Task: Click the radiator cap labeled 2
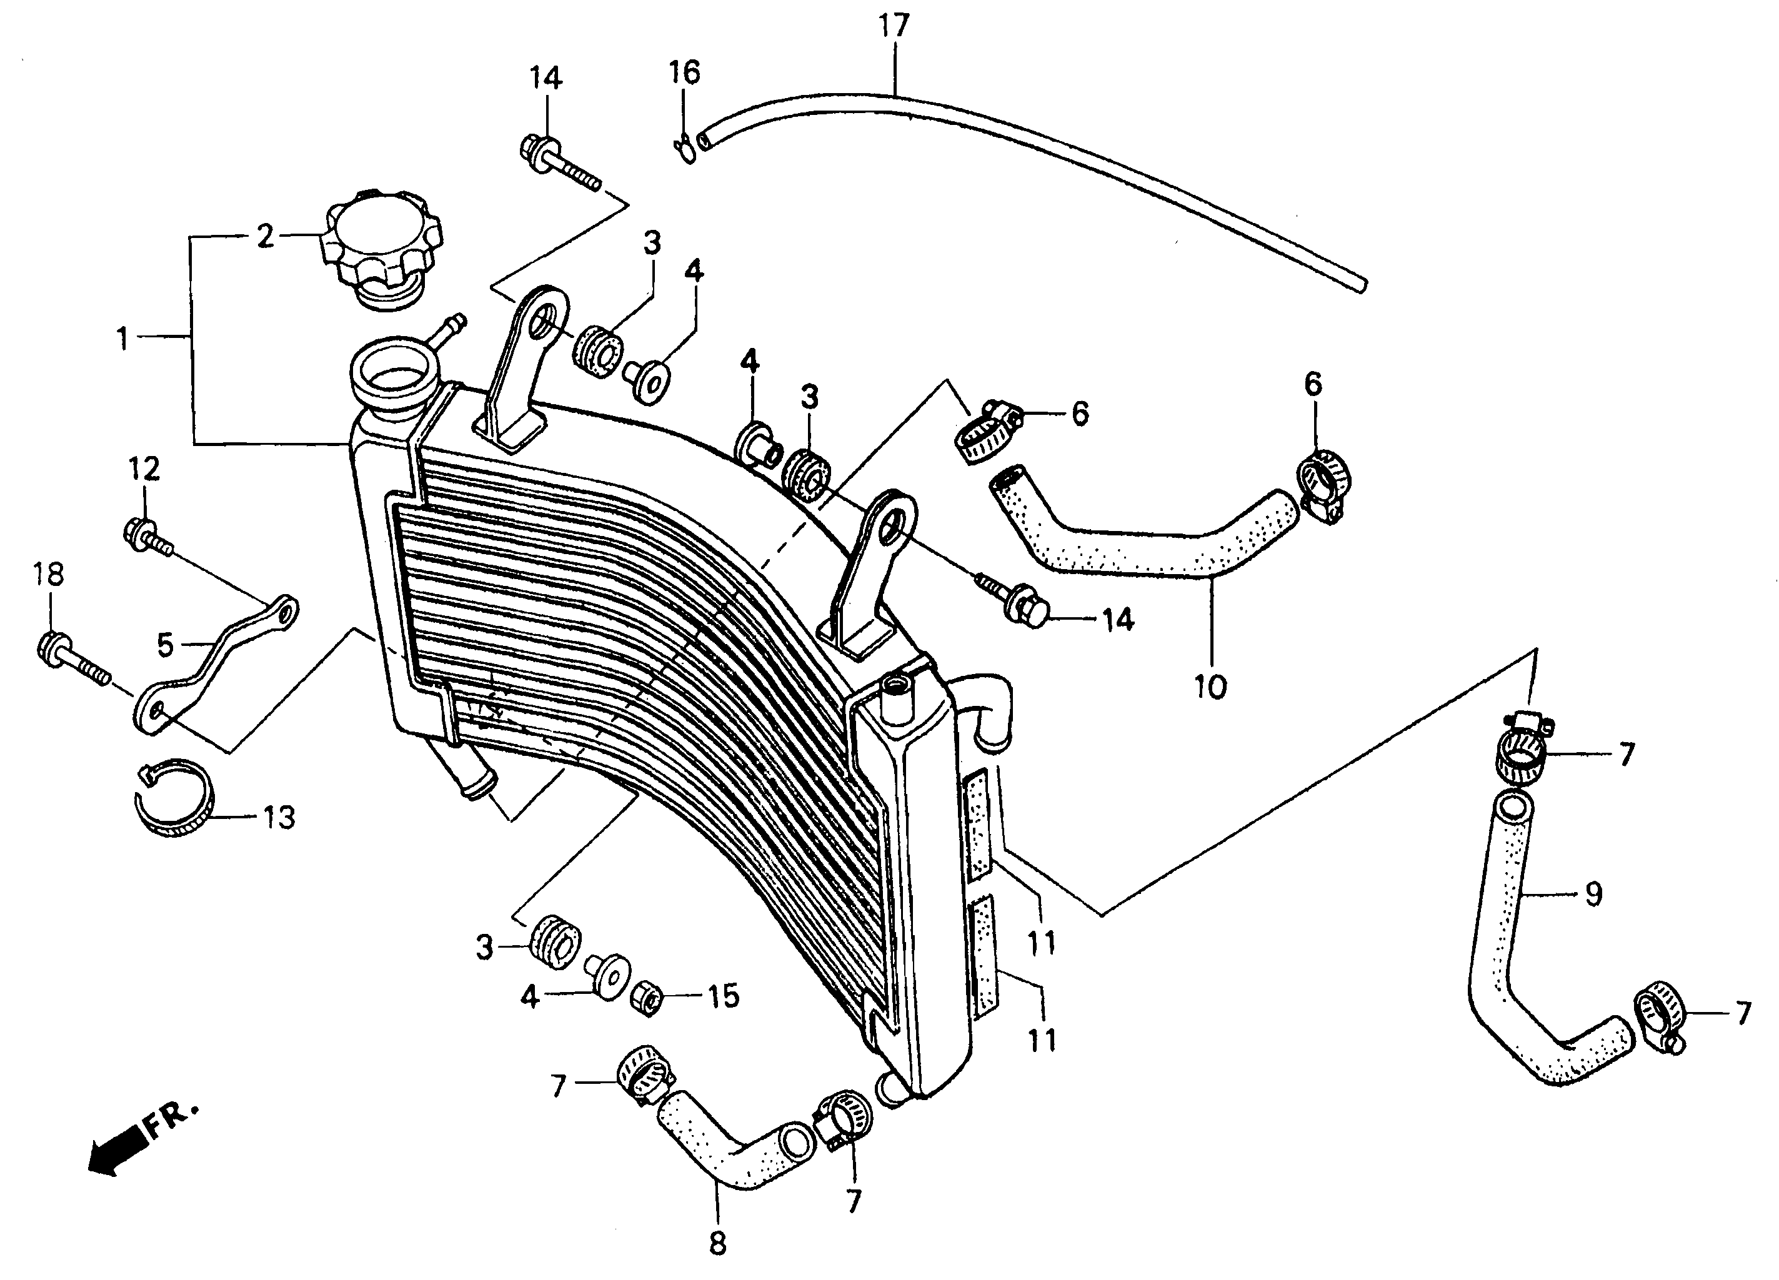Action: coord(382,243)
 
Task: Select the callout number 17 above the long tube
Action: coord(894,26)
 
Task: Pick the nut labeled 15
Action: coord(649,998)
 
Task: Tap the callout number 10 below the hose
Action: coord(1210,687)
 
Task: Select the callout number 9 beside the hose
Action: coord(1593,894)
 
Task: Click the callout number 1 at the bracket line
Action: coord(122,339)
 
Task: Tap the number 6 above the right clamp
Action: coord(1313,384)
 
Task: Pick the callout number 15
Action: coord(722,996)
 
